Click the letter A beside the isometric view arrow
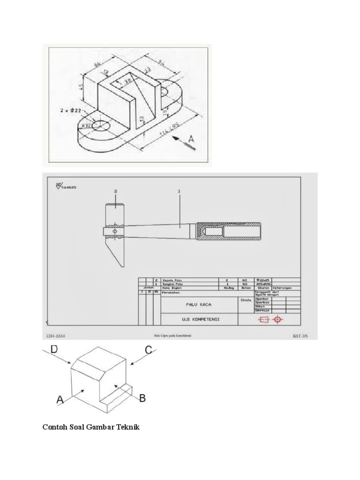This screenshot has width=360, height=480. [192, 139]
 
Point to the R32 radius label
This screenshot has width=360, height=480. [86, 125]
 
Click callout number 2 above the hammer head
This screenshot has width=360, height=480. [115, 191]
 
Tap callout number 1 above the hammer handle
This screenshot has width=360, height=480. [179, 191]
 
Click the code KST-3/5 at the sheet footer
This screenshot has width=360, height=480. [300, 336]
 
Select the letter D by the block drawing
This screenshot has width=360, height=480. [54, 350]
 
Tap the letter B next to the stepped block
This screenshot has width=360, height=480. [142, 398]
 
